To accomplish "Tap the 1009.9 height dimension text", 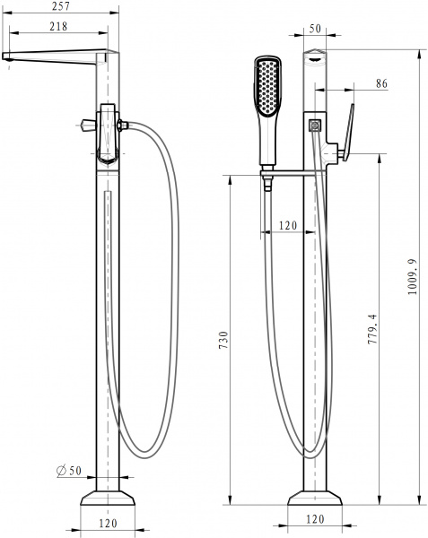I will (x=411, y=278).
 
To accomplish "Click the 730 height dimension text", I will (x=223, y=340).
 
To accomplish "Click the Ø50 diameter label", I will (x=67, y=471).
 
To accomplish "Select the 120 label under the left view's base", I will (x=108, y=521).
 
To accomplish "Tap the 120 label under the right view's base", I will (x=314, y=519).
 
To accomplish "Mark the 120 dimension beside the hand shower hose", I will (x=287, y=225).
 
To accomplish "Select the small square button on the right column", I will (x=315, y=126).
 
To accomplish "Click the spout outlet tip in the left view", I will (x=8, y=57).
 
